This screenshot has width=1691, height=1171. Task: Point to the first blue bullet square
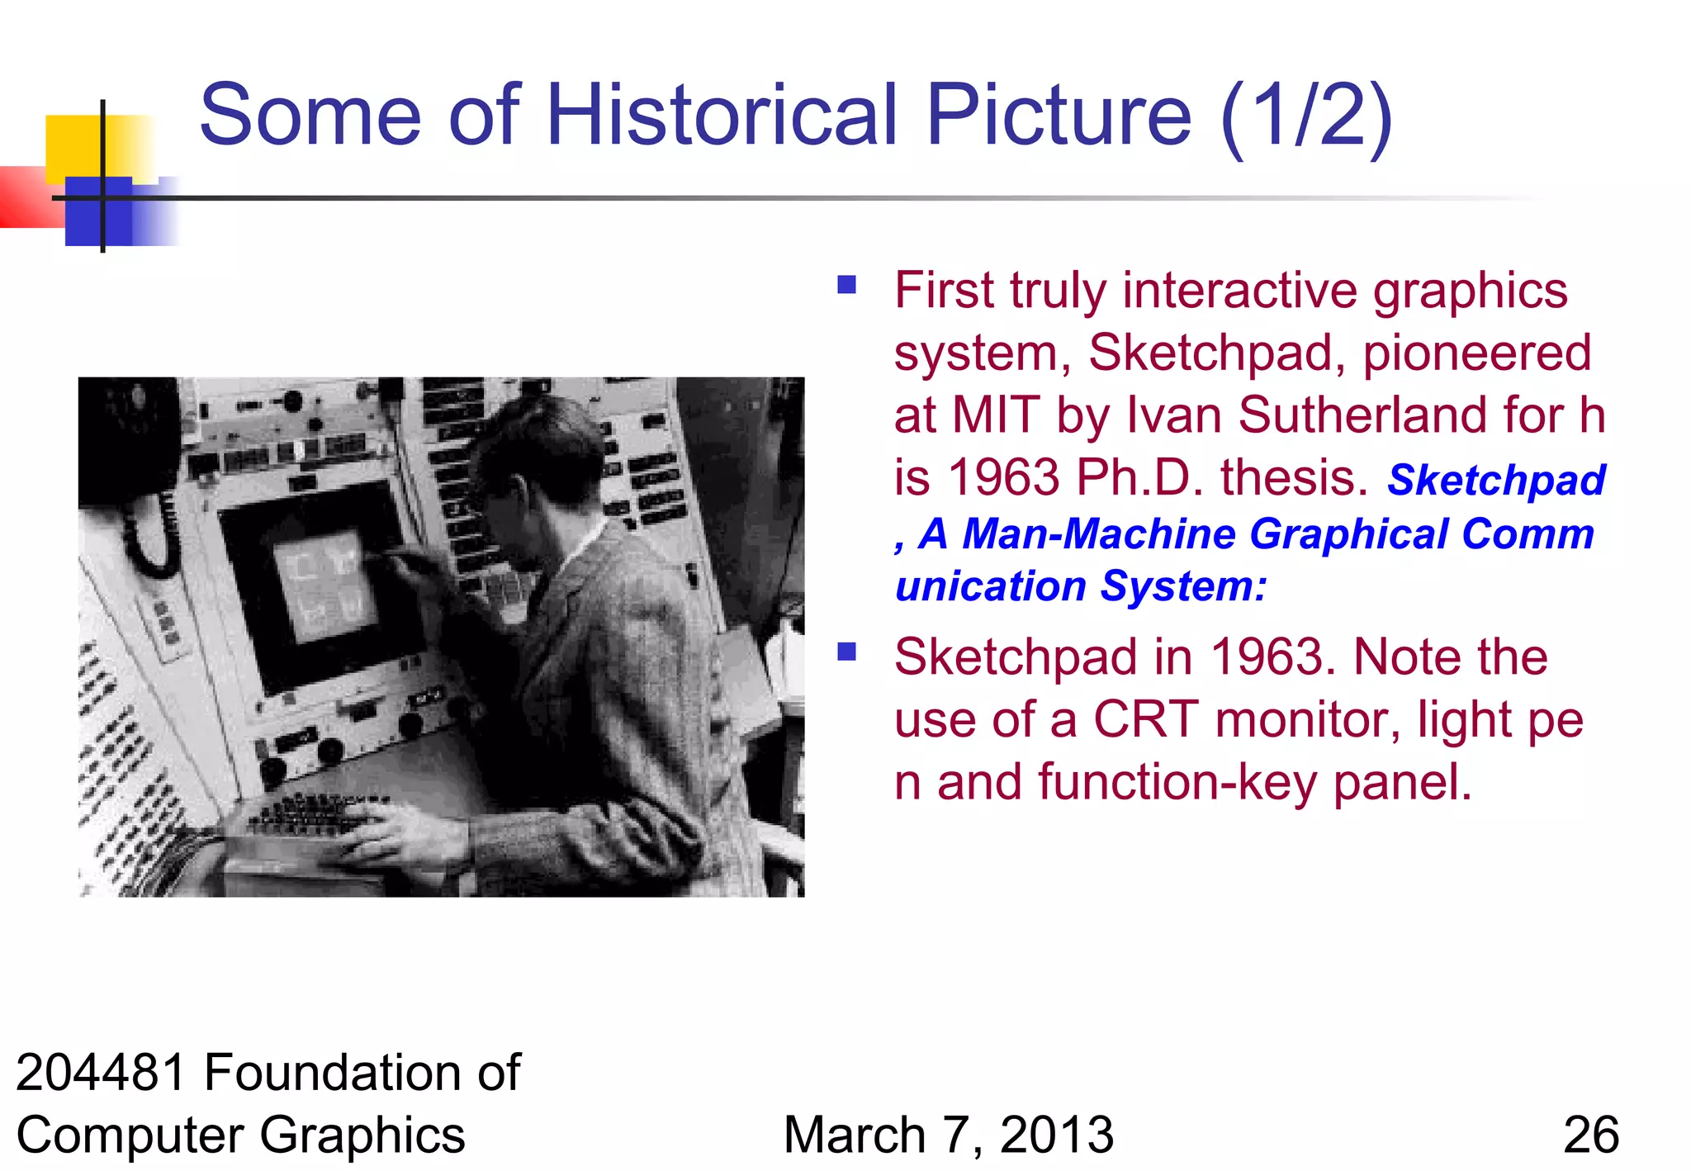[x=846, y=286]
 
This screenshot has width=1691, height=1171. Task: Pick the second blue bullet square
[x=846, y=652]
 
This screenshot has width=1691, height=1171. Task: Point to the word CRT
[x=1145, y=719]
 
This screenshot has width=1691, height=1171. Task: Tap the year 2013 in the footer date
[x=1057, y=1135]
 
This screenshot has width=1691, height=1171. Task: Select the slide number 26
[x=1590, y=1135]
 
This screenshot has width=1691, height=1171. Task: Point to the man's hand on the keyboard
[x=396, y=830]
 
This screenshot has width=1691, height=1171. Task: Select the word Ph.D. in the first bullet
[x=1139, y=478]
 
